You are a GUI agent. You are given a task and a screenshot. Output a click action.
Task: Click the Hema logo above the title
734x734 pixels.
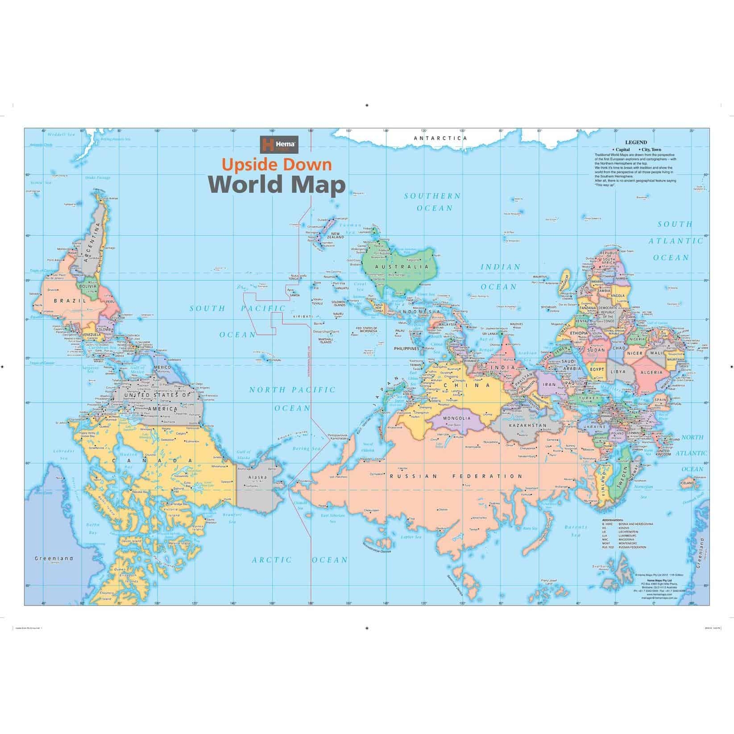click(x=279, y=145)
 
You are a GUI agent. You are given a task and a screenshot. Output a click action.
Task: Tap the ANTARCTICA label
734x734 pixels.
click(x=440, y=138)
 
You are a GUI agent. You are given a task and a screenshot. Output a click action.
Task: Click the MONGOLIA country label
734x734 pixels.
click(x=457, y=419)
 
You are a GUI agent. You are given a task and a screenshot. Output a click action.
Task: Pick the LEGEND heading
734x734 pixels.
click(x=636, y=143)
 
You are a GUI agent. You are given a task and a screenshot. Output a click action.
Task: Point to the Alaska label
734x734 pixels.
click(x=257, y=477)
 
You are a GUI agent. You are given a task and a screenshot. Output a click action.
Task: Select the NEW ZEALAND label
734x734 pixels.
click(x=336, y=235)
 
